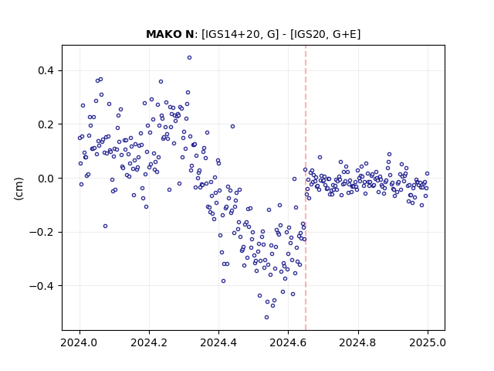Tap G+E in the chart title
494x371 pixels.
345,34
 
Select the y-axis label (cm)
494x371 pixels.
19,189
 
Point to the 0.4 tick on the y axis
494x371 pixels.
46,70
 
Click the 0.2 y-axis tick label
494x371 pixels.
46,124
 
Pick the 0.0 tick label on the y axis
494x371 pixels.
46,179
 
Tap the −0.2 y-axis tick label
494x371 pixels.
42,232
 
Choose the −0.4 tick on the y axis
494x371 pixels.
42,286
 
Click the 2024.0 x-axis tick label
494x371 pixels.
80,342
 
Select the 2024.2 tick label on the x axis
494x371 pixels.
149,342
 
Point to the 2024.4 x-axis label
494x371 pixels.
218,342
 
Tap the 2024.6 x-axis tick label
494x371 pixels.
288,342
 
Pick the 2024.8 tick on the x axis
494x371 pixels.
357,342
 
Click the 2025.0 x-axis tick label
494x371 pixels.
428,342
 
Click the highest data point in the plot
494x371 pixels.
189,57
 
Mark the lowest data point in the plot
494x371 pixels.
266,317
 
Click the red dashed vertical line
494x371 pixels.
306,188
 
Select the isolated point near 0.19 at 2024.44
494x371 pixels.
232,126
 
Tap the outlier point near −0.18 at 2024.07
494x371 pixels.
105,226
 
